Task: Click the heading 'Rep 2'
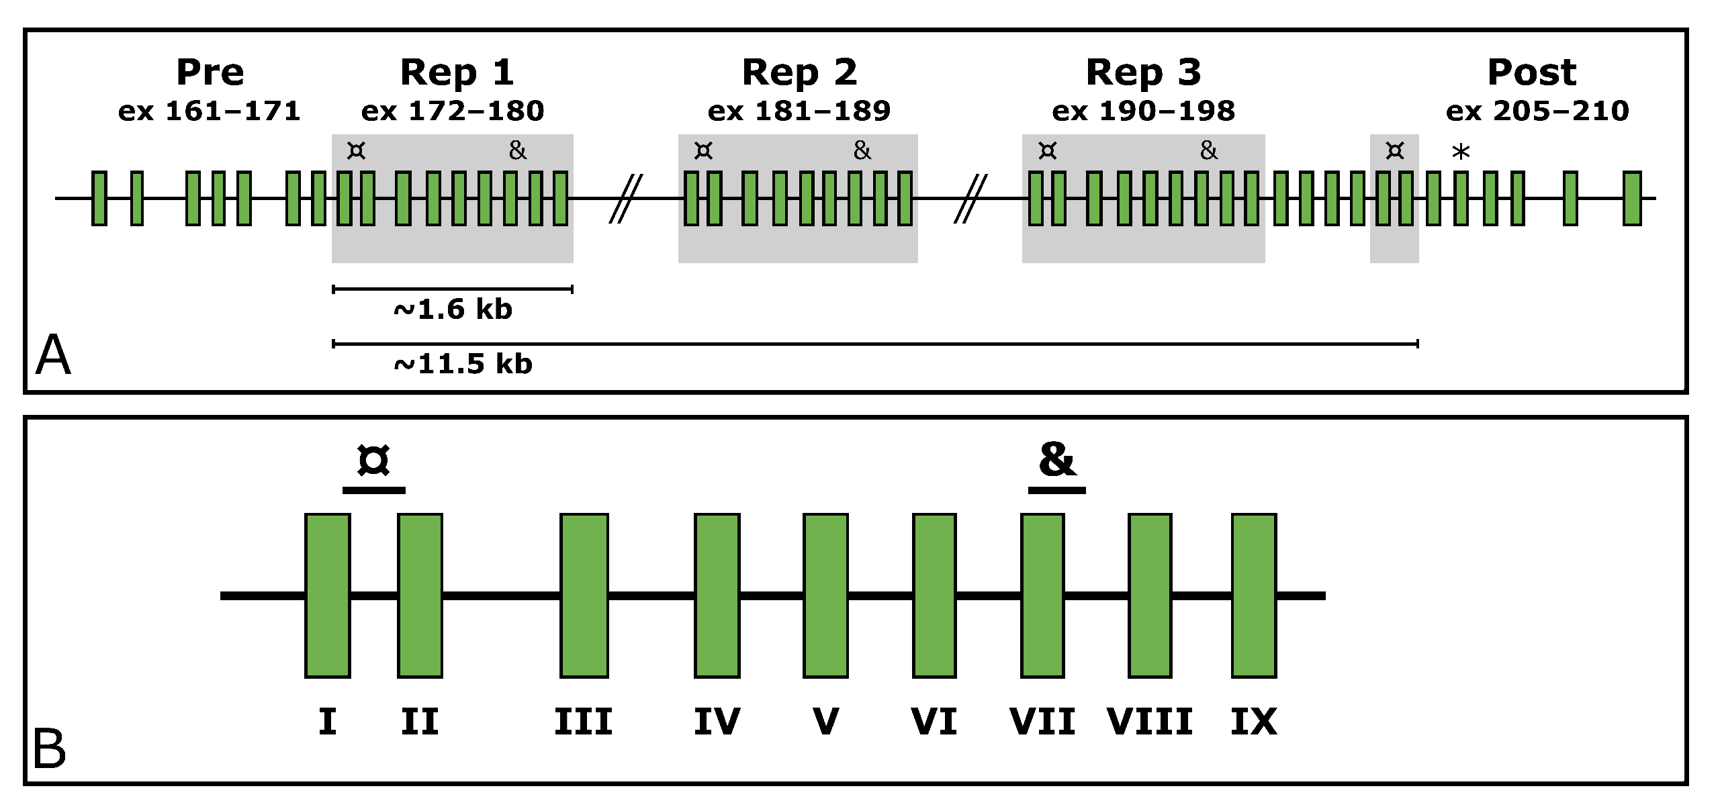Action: (x=799, y=73)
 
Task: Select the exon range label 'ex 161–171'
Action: (x=209, y=111)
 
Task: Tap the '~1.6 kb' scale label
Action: (x=453, y=309)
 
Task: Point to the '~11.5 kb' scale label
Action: (x=463, y=364)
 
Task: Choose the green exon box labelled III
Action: (x=584, y=595)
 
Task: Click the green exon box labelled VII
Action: (x=1042, y=595)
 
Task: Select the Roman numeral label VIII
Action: (x=1149, y=722)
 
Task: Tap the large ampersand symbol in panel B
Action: (x=1056, y=461)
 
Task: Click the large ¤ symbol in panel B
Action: (x=373, y=461)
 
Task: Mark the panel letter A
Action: (x=53, y=355)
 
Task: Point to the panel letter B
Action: (x=49, y=749)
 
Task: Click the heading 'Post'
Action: (x=1531, y=73)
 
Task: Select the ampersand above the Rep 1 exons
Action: (x=517, y=150)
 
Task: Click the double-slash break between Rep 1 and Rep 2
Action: (x=625, y=198)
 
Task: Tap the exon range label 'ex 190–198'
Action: (x=1143, y=111)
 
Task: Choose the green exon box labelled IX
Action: (x=1253, y=595)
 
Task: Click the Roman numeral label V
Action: (x=825, y=722)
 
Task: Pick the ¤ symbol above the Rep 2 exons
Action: (x=703, y=150)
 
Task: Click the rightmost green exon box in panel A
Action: (x=1632, y=198)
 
